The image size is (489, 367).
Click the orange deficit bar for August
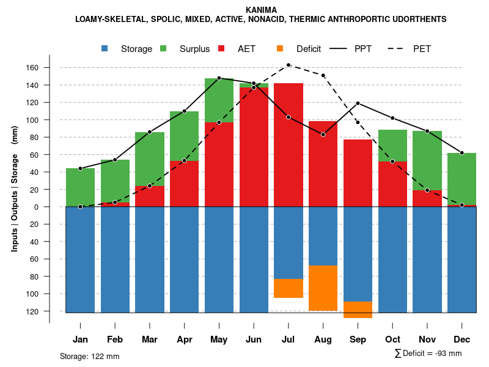pyautogui.click(x=323, y=288)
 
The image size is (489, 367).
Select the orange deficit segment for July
pyautogui.click(x=288, y=288)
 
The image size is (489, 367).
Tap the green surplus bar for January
pyautogui.click(x=80, y=187)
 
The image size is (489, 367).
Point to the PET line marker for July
pyautogui.click(x=289, y=65)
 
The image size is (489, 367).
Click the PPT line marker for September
pyautogui.click(x=358, y=103)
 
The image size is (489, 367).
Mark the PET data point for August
pyautogui.click(x=323, y=75)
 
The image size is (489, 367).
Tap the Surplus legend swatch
pyautogui.click(x=164, y=49)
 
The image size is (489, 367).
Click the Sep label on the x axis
pyautogui.click(x=358, y=339)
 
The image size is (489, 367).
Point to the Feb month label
pyautogui.click(x=115, y=339)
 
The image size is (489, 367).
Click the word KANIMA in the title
pyautogui.click(x=261, y=10)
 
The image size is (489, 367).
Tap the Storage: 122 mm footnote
pyautogui.click(x=89, y=356)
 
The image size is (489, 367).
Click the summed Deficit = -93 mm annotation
pyautogui.click(x=428, y=353)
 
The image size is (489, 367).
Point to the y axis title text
pyautogui.click(x=15, y=189)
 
